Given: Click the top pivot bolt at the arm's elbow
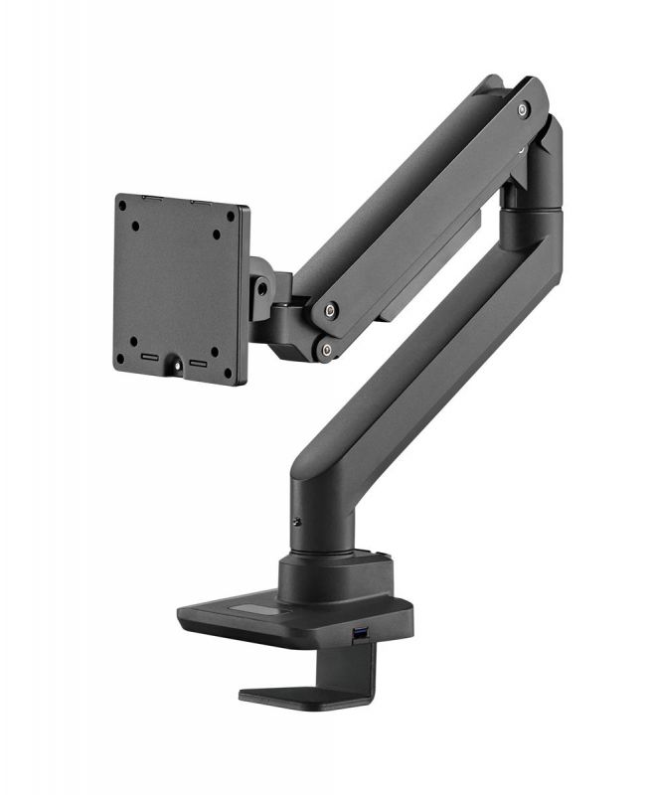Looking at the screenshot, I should pos(523,110).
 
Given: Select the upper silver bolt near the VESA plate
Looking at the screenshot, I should pos(330,310).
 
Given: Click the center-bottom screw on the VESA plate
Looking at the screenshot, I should pos(179,365).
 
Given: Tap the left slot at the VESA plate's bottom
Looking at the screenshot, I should pos(149,356).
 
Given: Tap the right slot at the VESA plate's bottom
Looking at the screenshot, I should pos(199,363).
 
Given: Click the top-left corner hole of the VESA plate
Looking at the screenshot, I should pos(121,206).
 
